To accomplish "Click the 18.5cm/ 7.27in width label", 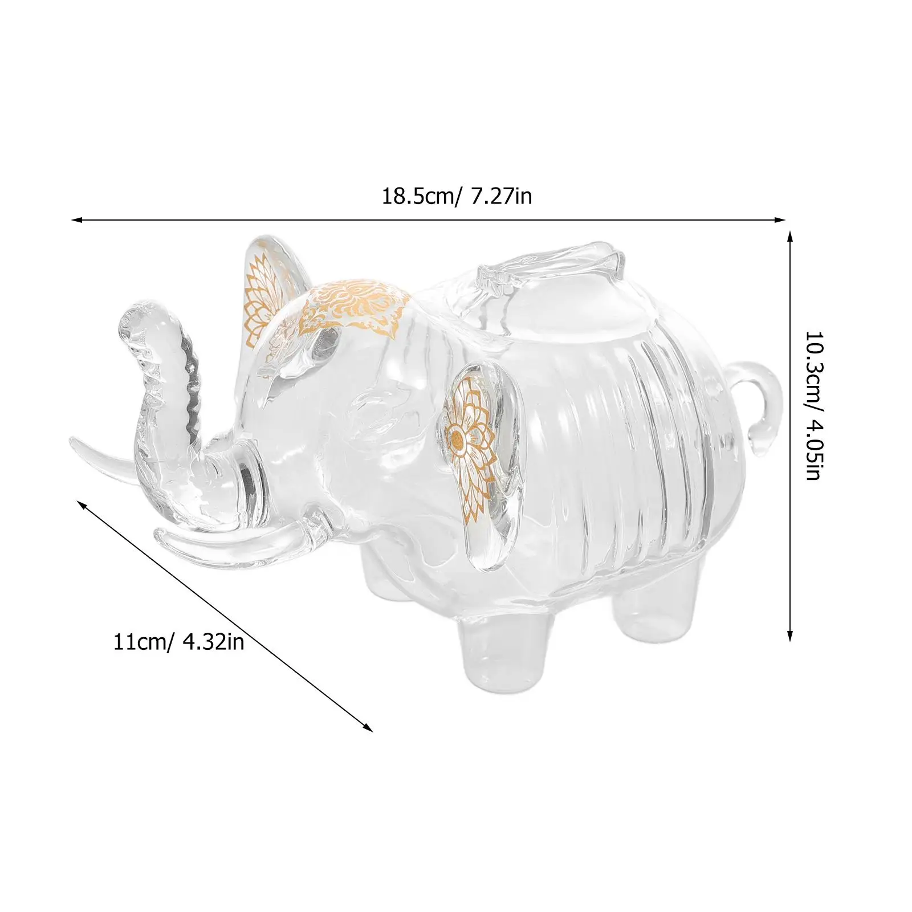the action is click(457, 197).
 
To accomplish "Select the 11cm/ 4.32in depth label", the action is click(179, 642).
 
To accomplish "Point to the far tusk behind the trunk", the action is click(106, 456).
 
